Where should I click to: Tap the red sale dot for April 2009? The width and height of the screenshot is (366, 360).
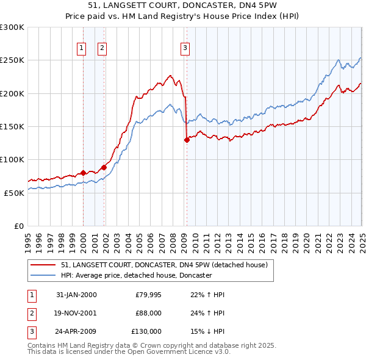coord(187,140)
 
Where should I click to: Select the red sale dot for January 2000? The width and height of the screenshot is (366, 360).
coord(84,173)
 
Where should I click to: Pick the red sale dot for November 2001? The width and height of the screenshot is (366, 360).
coord(104,167)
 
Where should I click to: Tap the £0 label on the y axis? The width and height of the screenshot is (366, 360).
coord(18,226)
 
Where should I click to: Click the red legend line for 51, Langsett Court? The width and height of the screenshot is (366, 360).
coord(43,266)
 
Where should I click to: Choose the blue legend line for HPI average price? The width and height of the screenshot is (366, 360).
coord(43,276)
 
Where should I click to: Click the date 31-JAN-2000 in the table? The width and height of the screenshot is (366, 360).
coord(76,295)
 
